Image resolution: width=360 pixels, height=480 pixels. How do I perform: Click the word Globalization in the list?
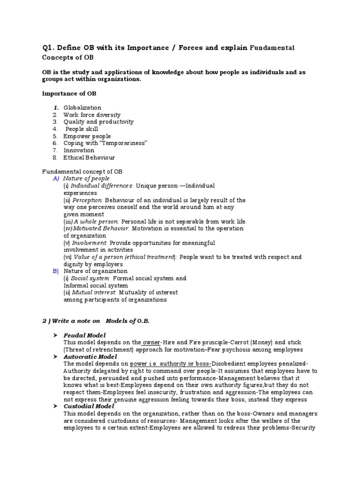(x=82, y=107)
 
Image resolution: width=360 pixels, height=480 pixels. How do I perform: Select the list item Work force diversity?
(x=92, y=114)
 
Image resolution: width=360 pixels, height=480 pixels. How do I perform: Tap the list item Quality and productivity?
(x=98, y=121)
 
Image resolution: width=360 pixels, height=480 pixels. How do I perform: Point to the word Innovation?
(x=79, y=150)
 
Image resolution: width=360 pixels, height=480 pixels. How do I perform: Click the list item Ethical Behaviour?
(x=89, y=157)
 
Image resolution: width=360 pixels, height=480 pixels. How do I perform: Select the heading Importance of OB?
(x=69, y=94)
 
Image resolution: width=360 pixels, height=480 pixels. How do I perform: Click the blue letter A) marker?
(x=55, y=179)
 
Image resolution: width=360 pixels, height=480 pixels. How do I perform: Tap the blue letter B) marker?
(x=55, y=271)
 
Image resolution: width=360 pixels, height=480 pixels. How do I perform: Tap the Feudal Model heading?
(x=84, y=335)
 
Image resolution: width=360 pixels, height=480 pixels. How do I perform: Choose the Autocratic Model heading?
(x=90, y=357)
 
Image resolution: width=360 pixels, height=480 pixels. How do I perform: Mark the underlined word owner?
(x=151, y=343)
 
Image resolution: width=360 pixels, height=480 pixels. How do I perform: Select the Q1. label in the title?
(x=49, y=48)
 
